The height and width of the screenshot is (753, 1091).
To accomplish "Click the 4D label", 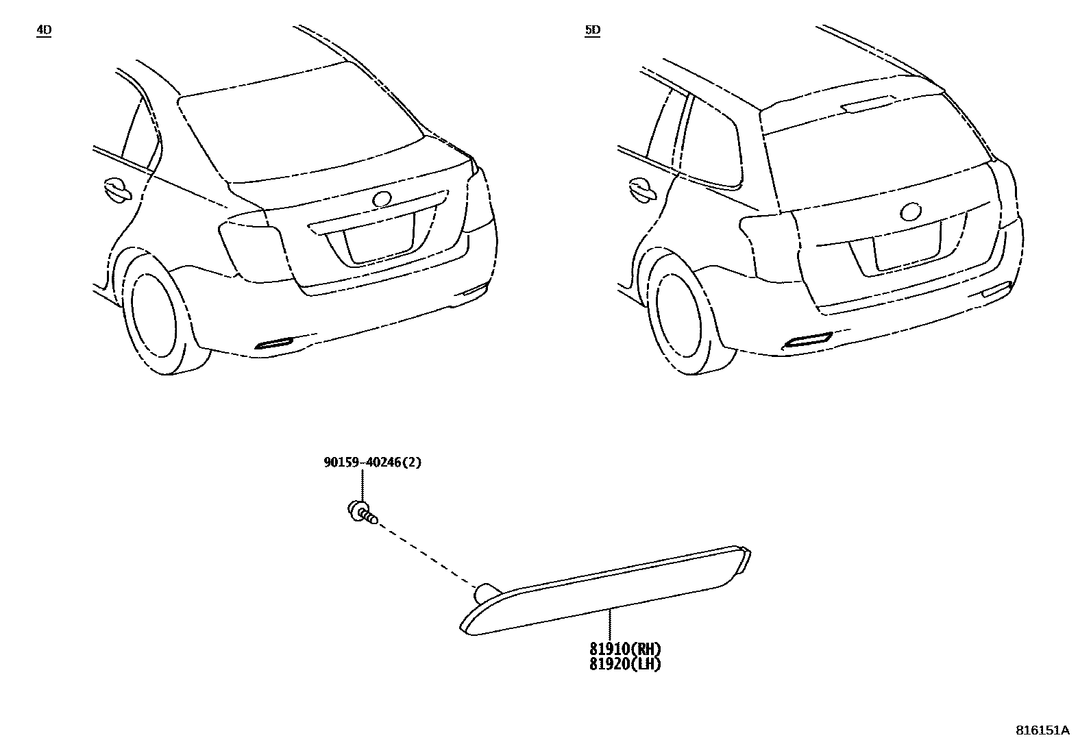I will click(43, 30).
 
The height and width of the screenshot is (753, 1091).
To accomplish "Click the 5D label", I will click(592, 30).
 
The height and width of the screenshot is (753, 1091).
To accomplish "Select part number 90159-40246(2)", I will click(372, 462).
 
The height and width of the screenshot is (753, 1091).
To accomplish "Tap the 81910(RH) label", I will click(625, 648).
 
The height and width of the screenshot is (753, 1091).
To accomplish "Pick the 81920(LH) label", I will click(625, 663).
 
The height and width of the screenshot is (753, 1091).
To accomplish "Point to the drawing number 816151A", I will click(1042, 730).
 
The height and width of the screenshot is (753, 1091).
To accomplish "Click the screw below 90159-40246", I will click(362, 512).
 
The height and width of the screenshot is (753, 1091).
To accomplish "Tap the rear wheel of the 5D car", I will click(678, 317).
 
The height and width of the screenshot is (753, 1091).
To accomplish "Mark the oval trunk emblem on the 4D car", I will click(381, 199).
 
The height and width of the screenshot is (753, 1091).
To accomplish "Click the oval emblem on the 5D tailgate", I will click(911, 212).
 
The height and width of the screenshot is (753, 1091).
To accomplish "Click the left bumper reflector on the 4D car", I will click(273, 343).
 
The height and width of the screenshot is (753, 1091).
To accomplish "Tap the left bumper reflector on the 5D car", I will click(807, 340).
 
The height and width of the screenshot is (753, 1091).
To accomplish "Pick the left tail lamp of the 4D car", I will click(251, 250).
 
